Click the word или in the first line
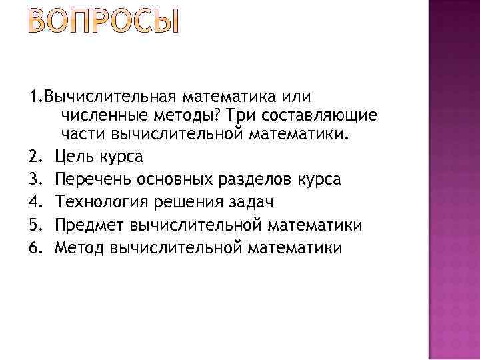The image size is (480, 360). click(x=294, y=97)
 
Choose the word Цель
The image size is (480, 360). click(x=75, y=157)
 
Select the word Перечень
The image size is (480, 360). click(x=93, y=180)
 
